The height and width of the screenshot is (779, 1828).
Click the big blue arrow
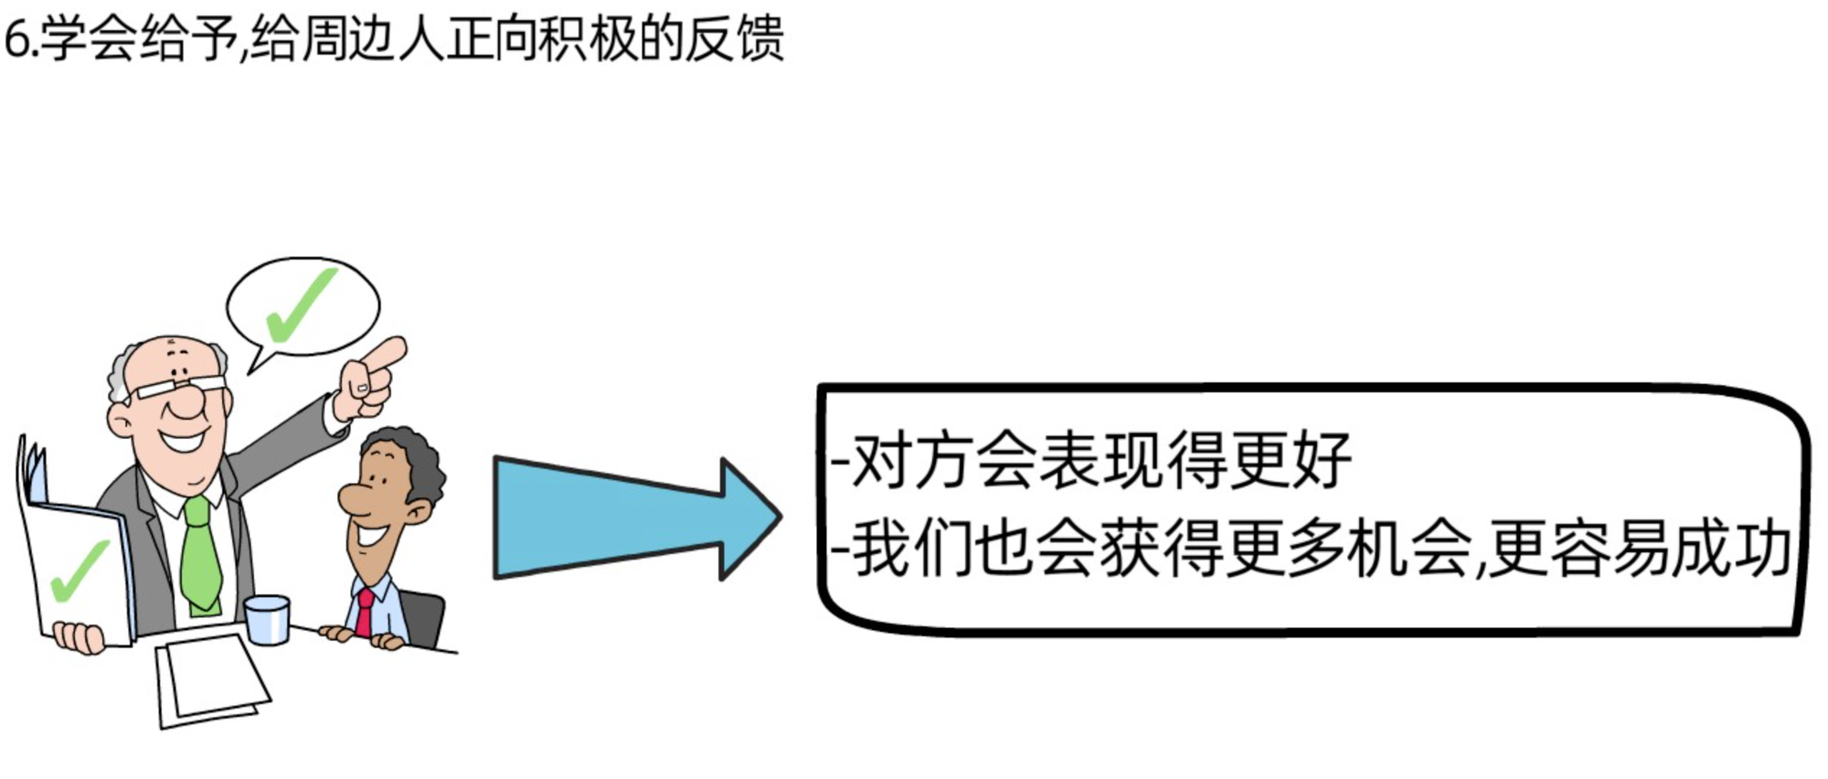pos(622,518)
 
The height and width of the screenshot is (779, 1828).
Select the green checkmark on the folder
pos(80,571)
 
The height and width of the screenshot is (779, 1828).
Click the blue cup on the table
pos(267,619)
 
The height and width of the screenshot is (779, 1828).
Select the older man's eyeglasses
pos(179,388)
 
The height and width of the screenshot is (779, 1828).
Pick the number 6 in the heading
pos(16,40)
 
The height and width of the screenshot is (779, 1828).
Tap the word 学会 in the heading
pos(89,40)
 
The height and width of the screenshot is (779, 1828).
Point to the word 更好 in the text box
pos(1291,460)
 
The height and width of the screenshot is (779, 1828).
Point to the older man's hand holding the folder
pos(80,636)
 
